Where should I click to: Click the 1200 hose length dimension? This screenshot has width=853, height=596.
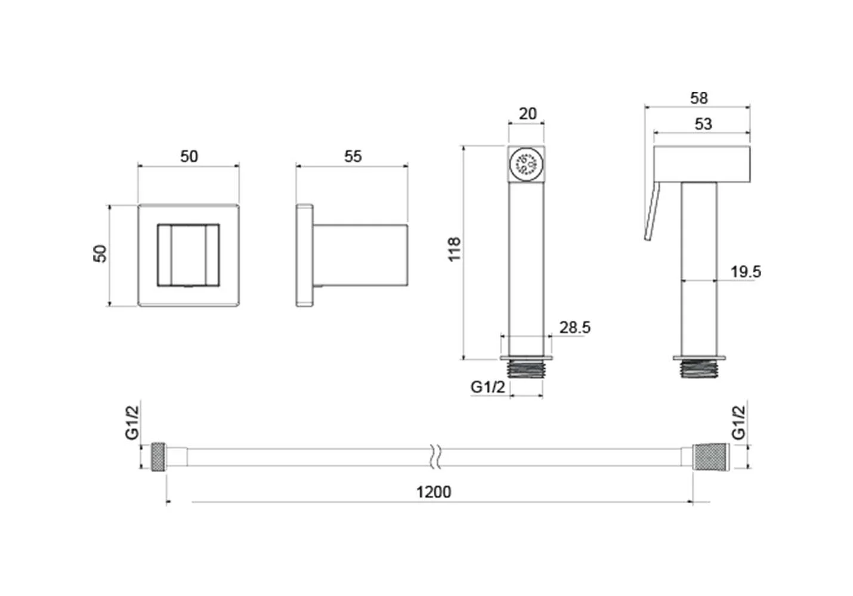point(434,492)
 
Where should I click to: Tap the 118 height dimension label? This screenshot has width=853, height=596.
point(455,250)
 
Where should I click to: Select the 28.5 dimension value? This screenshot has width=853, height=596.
point(574,328)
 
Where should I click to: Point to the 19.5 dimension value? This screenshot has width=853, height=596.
point(745,272)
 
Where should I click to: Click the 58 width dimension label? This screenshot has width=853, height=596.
point(699,98)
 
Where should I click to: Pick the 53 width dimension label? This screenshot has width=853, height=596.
point(703,124)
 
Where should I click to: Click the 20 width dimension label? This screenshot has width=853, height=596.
point(528,114)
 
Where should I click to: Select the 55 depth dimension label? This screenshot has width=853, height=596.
point(353,156)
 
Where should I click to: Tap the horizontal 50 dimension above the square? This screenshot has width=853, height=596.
point(189,156)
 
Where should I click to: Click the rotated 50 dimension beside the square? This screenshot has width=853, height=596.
point(100,253)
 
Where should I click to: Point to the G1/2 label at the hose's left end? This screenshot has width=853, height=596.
point(132,423)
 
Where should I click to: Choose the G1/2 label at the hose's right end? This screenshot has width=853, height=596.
point(738,423)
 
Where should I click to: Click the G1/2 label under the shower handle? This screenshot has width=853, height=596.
point(488,387)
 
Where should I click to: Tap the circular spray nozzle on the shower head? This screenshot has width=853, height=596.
point(526,164)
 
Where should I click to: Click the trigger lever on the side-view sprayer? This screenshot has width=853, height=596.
point(652,211)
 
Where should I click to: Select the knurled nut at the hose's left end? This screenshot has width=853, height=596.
point(158,457)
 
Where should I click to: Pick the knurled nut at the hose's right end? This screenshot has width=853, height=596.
point(711,457)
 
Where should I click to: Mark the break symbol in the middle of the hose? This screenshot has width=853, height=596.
point(435,457)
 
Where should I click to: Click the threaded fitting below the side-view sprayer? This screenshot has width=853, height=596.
point(699,368)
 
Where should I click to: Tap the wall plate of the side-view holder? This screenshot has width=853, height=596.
point(305,255)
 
